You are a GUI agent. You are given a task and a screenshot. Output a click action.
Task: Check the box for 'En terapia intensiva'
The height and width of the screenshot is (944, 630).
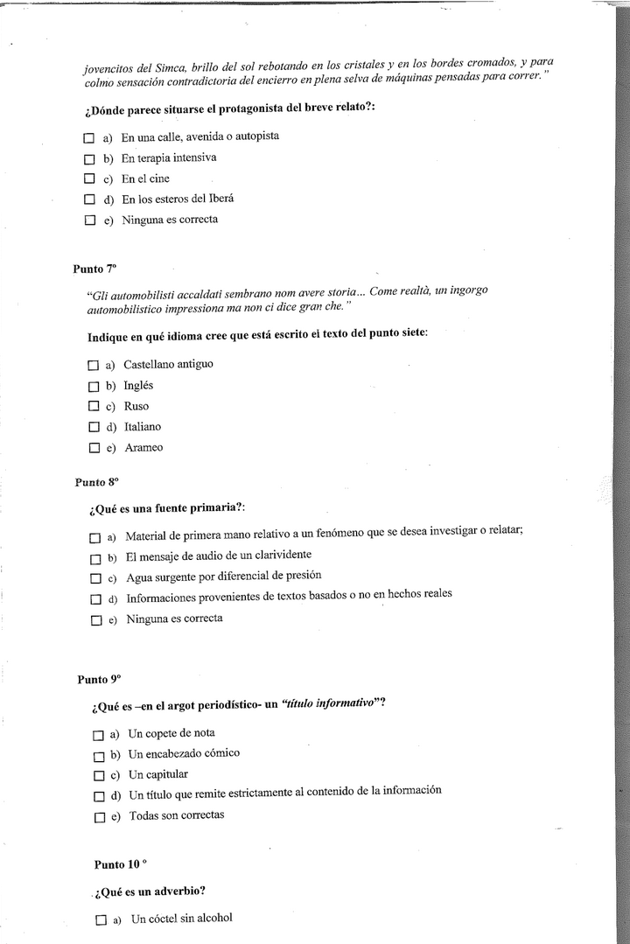pos(88,159)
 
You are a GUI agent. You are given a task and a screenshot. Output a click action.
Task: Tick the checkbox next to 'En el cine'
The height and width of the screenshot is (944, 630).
pos(88,180)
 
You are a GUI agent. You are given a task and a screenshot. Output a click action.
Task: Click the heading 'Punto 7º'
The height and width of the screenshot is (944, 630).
pos(94,269)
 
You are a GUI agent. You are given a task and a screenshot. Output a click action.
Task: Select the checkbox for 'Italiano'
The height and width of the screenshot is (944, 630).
pos(94,428)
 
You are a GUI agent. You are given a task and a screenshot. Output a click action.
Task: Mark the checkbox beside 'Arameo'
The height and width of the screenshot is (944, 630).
pos(94,449)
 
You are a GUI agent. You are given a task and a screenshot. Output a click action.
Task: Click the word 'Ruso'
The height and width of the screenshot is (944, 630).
pos(136,406)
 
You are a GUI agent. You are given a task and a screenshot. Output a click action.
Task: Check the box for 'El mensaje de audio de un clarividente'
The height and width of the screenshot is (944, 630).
pos(96,558)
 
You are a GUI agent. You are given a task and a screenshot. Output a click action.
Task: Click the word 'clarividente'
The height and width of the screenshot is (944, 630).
pos(281,555)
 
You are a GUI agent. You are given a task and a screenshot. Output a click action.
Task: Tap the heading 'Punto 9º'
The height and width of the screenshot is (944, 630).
pos(99,679)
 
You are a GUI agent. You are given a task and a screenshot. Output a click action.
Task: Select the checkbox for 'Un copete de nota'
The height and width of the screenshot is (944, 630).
pos(99,734)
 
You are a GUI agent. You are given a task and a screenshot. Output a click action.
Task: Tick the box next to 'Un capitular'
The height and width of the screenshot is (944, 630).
pos(99,776)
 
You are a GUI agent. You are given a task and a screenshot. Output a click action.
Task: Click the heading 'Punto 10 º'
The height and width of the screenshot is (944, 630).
pos(121,864)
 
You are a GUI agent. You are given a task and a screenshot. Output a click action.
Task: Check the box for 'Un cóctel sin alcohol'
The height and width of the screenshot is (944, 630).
pos(101,920)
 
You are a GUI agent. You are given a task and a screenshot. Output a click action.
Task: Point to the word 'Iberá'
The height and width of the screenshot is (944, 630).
pos(219,199)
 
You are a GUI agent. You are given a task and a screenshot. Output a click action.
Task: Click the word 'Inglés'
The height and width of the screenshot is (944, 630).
pos(138,385)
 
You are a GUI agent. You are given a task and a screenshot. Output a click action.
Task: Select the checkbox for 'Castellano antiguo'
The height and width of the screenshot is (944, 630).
pos(94,365)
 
